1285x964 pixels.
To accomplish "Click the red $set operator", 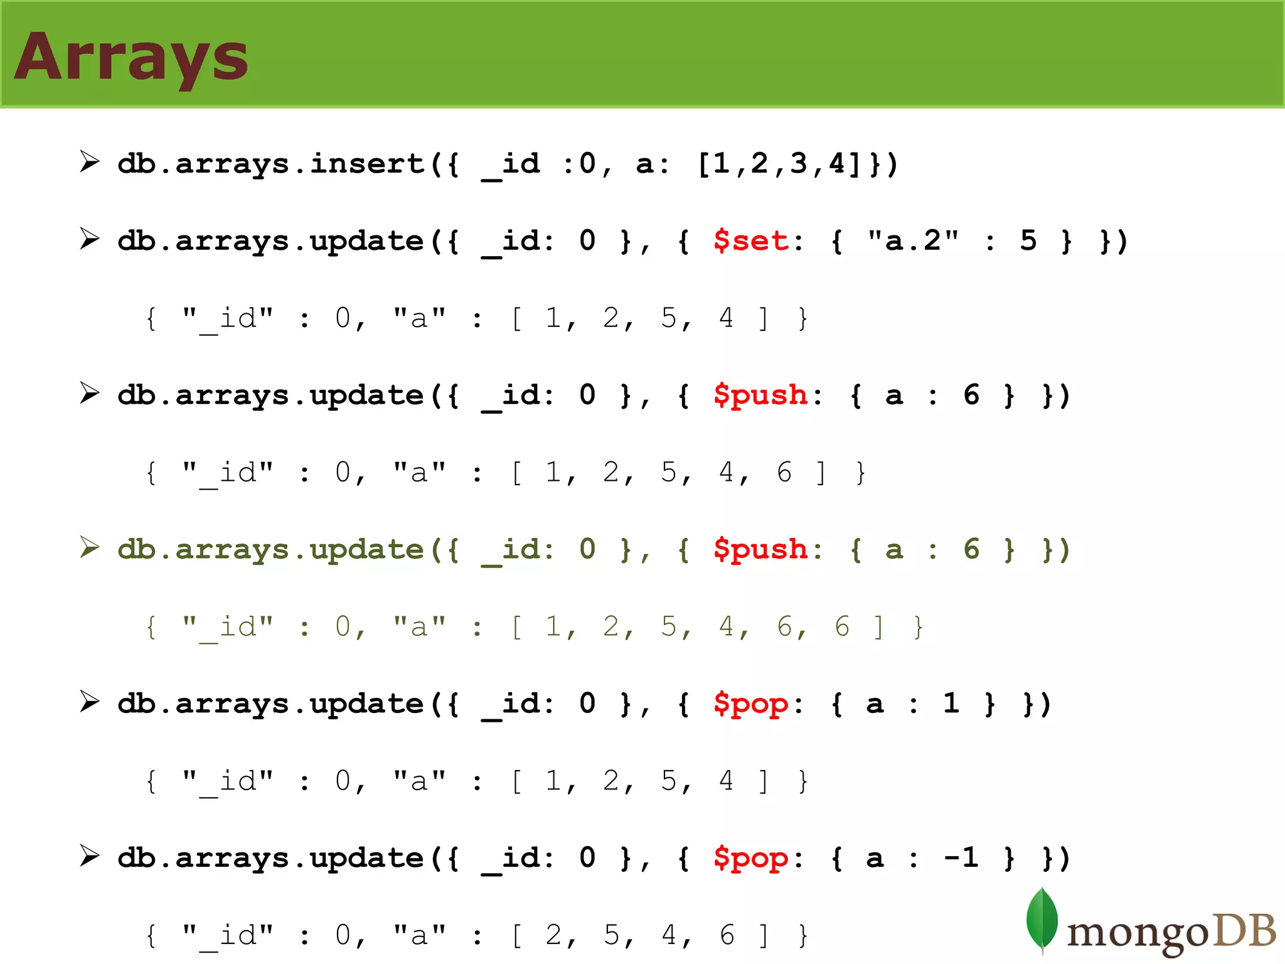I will [750, 241].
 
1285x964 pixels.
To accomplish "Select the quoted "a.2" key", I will [914, 241].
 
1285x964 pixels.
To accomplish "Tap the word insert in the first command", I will [367, 164].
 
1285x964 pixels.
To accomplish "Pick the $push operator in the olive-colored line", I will [760, 550].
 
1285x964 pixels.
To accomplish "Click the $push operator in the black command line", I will [760, 395].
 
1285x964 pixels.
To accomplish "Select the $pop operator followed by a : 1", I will [750, 704].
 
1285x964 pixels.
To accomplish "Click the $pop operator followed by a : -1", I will [750, 859].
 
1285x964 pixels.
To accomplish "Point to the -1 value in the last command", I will [961, 857].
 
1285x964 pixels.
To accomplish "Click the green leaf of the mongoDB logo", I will [1042, 919].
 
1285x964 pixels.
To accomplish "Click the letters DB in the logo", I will [1245, 930].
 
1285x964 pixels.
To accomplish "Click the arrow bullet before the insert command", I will [90, 162].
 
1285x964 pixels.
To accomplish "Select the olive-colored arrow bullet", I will [90, 547].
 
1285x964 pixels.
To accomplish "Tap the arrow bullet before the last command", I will [90, 856].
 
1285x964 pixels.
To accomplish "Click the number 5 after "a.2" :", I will [1028, 240].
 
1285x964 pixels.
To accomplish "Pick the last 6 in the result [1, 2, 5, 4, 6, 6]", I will [842, 626].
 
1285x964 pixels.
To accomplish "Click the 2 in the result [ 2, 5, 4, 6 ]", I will [553, 935].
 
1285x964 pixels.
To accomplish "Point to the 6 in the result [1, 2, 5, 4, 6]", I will [784, 472].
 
